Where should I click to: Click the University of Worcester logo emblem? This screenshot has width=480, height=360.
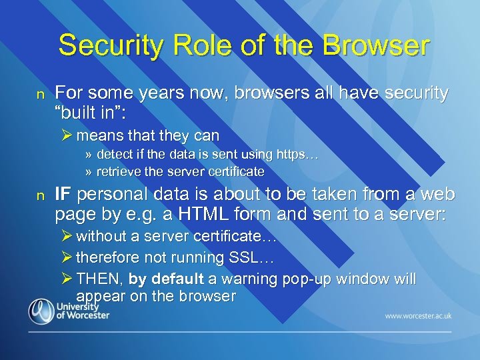tap(41, 311)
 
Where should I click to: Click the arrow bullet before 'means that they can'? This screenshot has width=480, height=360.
tap(66, 135)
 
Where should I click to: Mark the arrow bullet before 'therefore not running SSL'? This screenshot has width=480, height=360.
tap(66, 257)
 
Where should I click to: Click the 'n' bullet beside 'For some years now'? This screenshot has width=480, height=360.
tap(40, 94)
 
